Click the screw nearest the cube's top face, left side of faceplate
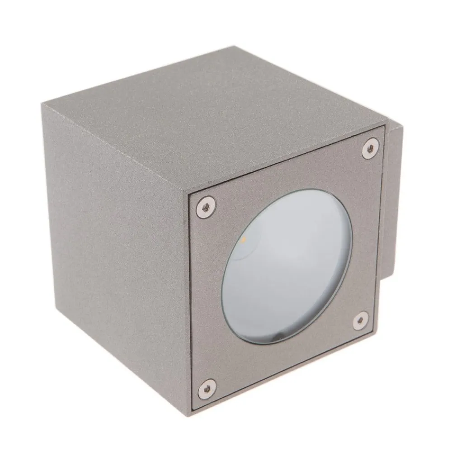click(206, 207)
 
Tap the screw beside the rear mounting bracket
click(370, 148)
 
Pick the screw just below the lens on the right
click(360, 320)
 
